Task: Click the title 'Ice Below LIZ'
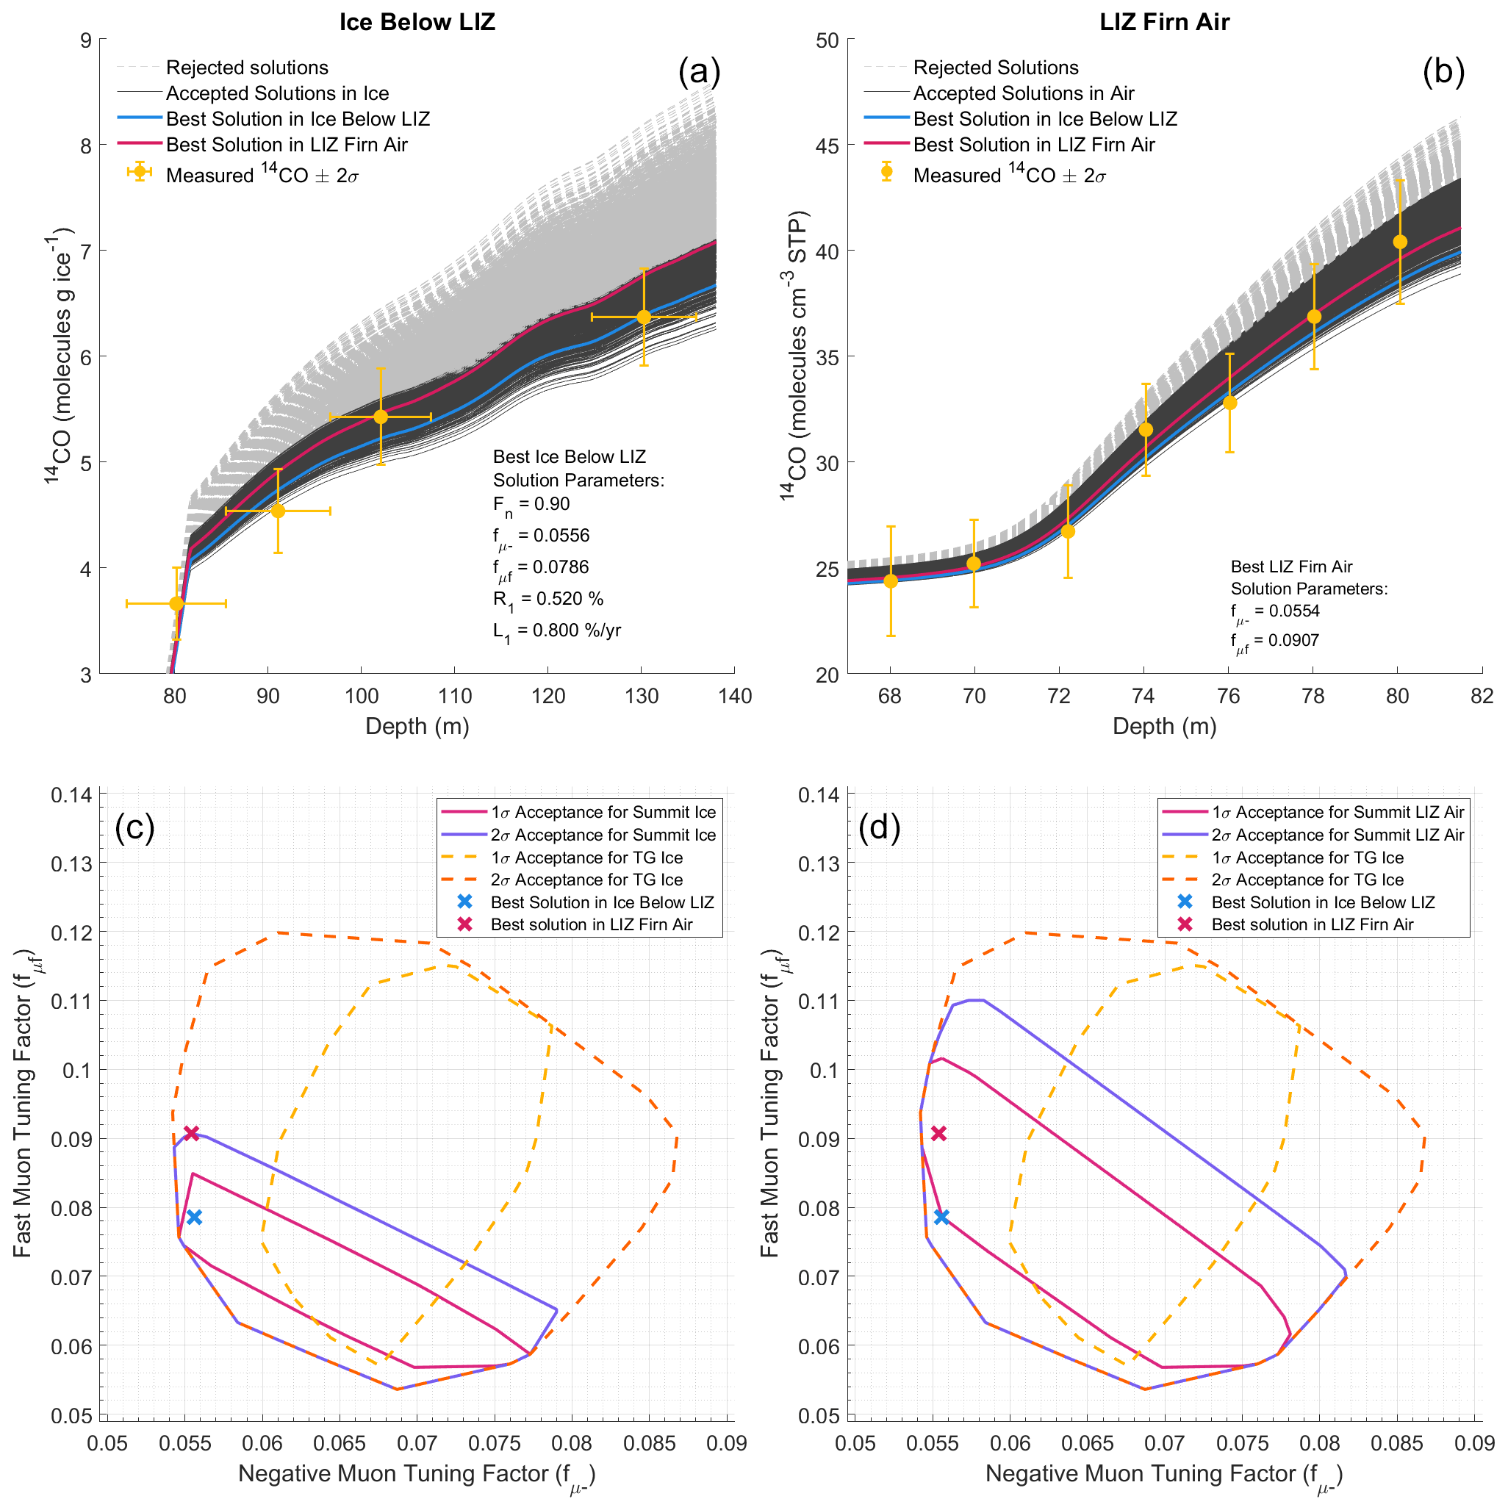click(417, 22)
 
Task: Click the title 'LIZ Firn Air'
click(1164, 22)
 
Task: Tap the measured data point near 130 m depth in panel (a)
click(643, 317)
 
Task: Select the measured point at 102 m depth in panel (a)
click(381, 417)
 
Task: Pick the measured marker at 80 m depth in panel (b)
click(1400, 242)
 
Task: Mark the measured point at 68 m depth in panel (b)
click(891, 580)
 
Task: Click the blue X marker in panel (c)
click(195, 1217)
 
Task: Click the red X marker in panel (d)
click(939, 1133)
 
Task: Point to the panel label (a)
click(699, 72)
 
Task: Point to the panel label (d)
click(880, 827)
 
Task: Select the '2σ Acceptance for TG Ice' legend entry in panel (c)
click(586, 880)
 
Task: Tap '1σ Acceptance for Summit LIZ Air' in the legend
click(1338, 812)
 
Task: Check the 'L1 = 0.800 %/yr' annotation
click(556, 630)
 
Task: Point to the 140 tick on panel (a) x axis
click(735, 697)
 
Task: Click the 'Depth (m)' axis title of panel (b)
click(1164, 726)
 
